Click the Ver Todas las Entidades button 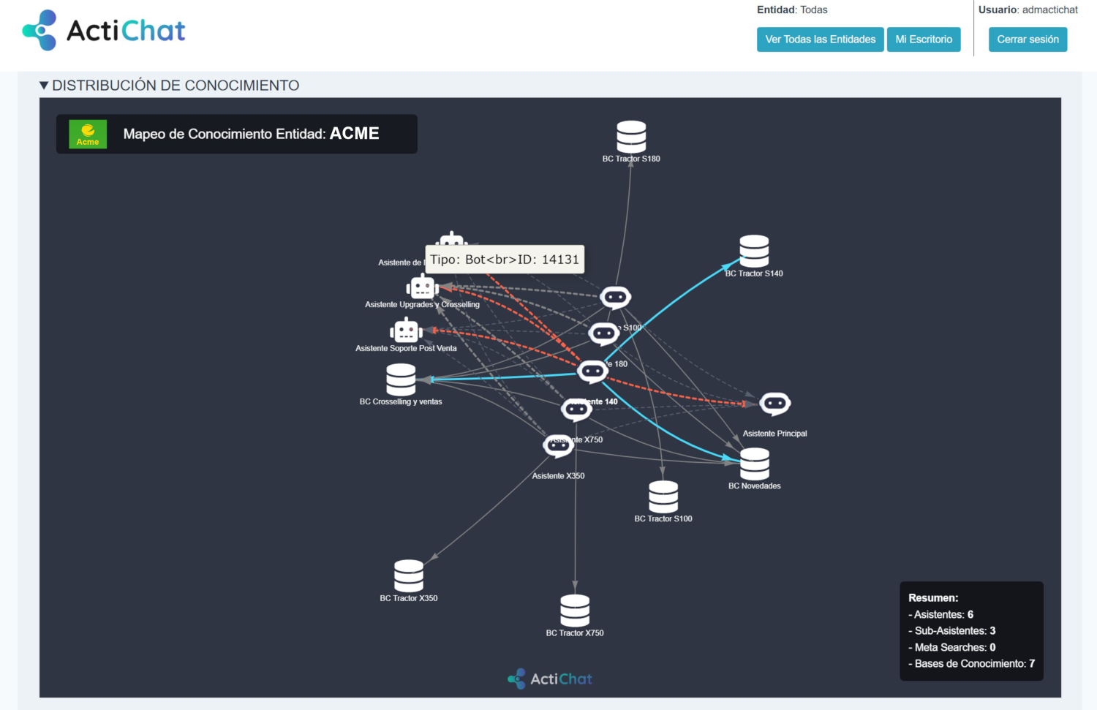820,39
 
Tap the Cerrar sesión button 1028,39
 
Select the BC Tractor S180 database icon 631,137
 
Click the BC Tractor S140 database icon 754,251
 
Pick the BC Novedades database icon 755,464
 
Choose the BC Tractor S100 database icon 663,497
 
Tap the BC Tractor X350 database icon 409,576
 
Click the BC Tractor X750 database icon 575,611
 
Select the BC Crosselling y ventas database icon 401,379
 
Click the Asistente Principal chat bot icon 774,404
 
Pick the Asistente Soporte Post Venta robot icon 406,331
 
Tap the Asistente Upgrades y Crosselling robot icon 422,287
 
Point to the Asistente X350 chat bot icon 558,445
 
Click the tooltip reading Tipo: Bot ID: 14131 505,260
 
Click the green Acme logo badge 88,135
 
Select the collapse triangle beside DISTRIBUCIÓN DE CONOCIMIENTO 44,86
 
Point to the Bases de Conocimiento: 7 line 971,664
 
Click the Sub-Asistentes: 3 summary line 951,631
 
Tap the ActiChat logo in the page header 104,31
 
